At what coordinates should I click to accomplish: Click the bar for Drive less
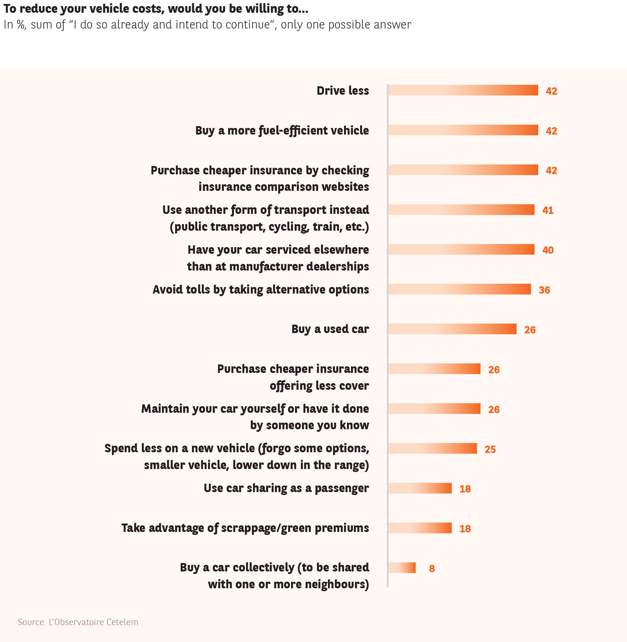click(463, 90)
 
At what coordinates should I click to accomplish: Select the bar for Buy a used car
click(452, 329)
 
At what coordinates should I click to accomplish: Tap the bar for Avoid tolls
click(459, 289)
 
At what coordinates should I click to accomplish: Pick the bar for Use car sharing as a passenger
click(420, 488)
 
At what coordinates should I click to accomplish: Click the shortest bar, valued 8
click(402, 568)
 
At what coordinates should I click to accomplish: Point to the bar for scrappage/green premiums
click(420, 528)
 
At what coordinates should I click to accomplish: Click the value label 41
click(548, 210)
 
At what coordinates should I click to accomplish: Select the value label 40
click(548, 250)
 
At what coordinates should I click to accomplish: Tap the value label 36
click(544, 290)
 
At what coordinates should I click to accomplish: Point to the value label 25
click(490, 449)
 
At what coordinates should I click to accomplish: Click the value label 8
click(432, 569)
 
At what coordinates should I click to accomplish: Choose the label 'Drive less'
click(343, 91)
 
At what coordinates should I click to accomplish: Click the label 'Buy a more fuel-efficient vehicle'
click(282, 131)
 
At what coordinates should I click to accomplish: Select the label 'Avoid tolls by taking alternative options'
click(261, 290)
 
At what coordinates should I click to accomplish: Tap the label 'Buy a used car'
click(330, 329)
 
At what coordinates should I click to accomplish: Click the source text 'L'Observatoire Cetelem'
click(93, 622)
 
